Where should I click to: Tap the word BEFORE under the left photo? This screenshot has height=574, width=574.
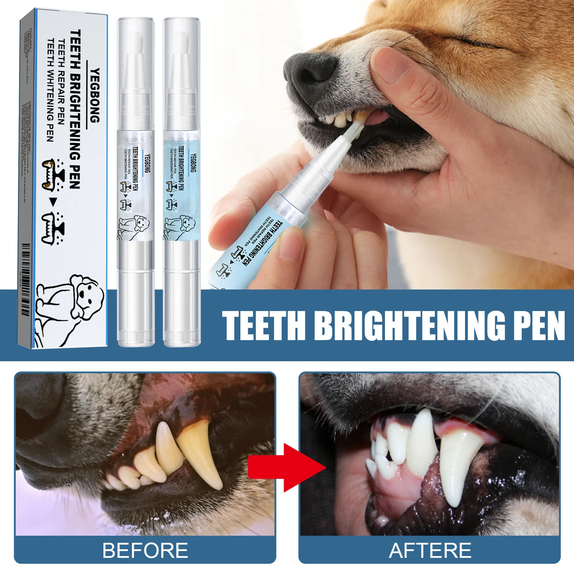(145, 550)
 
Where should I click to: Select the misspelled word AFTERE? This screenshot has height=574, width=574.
(430, 550)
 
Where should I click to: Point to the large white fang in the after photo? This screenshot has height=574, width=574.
(457, 466)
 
